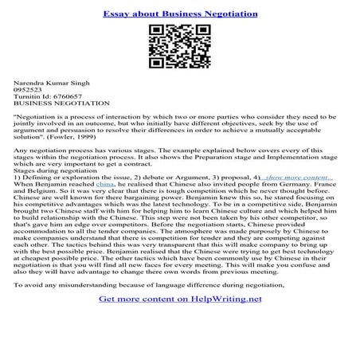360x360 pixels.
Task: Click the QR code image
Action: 179,49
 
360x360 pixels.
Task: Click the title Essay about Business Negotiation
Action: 179,14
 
